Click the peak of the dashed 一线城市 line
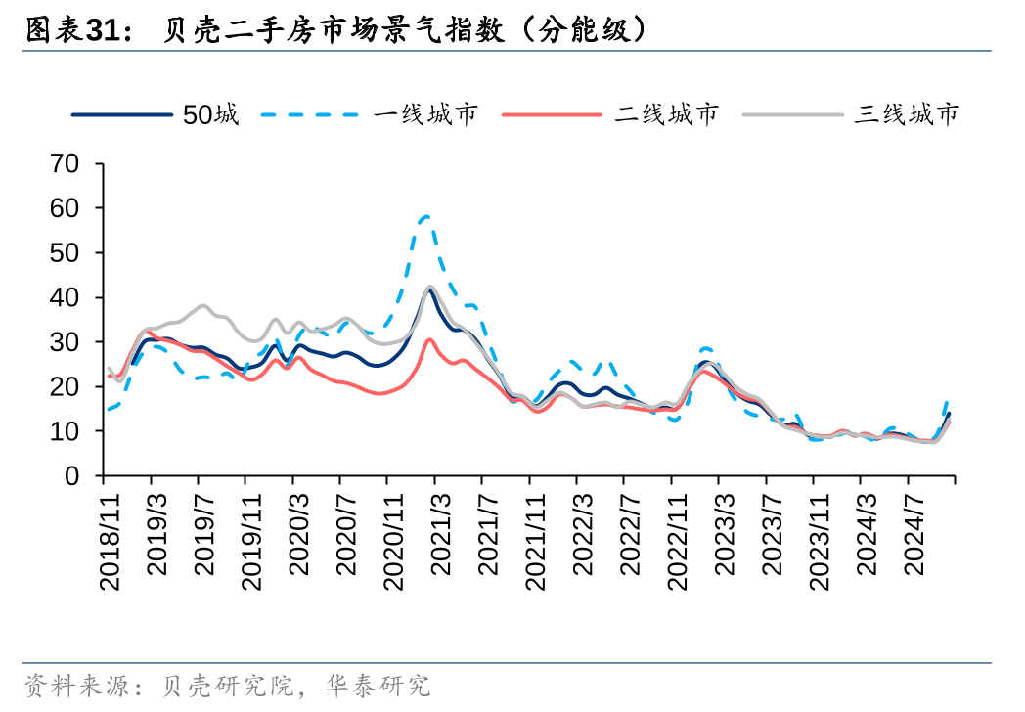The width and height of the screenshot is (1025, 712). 426,215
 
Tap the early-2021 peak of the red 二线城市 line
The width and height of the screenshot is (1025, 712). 429,339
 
